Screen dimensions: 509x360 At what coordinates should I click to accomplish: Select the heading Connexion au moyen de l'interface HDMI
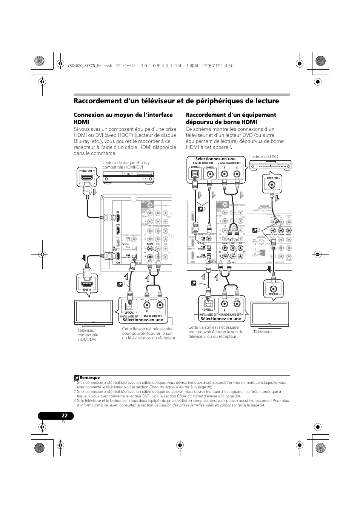pos(123,118)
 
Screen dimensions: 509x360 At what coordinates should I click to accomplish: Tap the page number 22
pos(65,416)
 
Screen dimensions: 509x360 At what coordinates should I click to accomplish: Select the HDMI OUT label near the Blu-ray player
pos(87,171)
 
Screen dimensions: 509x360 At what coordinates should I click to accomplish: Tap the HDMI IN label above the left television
pos(87,290)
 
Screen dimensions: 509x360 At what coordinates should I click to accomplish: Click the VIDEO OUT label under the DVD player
pos(272,178)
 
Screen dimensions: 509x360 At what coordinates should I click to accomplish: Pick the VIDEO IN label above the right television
pos(273,294)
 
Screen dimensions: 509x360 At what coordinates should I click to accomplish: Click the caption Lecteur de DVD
pos(264,156)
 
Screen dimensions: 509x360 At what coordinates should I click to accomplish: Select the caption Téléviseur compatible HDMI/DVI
pos(88,335)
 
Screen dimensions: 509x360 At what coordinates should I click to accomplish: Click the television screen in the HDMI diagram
pos(94,311)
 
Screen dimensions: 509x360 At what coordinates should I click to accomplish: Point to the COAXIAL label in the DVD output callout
pos(210,167)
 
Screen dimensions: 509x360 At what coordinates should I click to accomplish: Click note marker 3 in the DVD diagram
pos(259,230)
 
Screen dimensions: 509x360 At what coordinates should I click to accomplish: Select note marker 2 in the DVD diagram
pos(205,209)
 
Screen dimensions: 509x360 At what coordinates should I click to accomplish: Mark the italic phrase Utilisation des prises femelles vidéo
pos(198,405)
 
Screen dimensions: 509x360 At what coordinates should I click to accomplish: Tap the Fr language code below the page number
pos(63,422)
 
